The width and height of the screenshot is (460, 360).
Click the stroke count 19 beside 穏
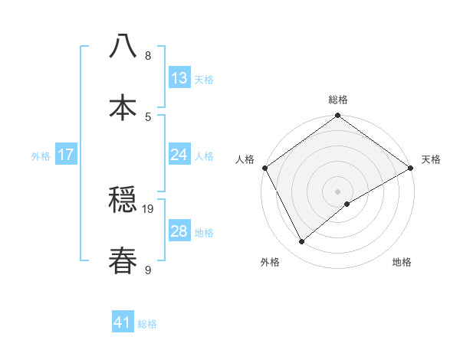(x=149, y=208)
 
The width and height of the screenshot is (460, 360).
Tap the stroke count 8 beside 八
(x=148, y=56)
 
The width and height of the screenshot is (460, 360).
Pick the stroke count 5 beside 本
(x=148, y=116)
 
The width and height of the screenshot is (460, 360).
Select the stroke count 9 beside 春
(x=148, y=270)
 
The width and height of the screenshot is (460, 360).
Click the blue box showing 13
(x=179, y=78)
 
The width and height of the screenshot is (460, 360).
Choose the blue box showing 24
(x=179, y=155)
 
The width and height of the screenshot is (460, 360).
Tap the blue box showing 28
(x=179, y=231)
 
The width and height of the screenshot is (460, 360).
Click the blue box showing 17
(x=66, y=155)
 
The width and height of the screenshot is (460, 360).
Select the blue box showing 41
(x=123, y=323)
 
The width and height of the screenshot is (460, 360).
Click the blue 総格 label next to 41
(x=147, y=324)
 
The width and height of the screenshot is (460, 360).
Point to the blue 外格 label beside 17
(x=41, y=155)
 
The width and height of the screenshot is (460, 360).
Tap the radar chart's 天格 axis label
(x=431, y=159)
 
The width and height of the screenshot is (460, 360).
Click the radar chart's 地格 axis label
(x=402, y=262)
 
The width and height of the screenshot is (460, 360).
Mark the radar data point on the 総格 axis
(x=337, y=116)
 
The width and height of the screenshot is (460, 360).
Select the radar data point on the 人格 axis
(x=264, y=168)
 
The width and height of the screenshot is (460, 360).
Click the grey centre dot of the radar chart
(x=337, y=191)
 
